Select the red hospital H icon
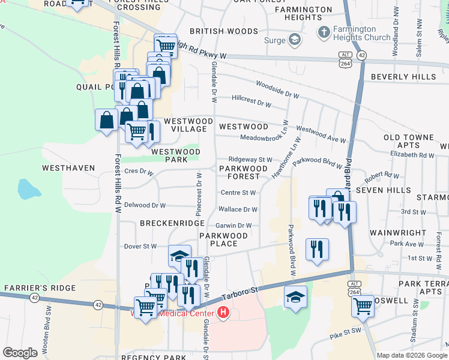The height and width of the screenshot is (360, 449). tap(223, 313)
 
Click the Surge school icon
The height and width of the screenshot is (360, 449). tap(294, 40)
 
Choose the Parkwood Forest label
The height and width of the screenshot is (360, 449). tap(243, 172)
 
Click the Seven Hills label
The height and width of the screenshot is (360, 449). tap(382, 190)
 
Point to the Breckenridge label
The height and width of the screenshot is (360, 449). tap(172, 223)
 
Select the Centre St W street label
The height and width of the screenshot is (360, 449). tap(238, 193)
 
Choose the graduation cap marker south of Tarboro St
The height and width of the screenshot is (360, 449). tap(295, 297)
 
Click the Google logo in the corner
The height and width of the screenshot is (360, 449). tap(20, 353)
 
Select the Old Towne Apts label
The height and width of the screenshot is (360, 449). tap(409, 142)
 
